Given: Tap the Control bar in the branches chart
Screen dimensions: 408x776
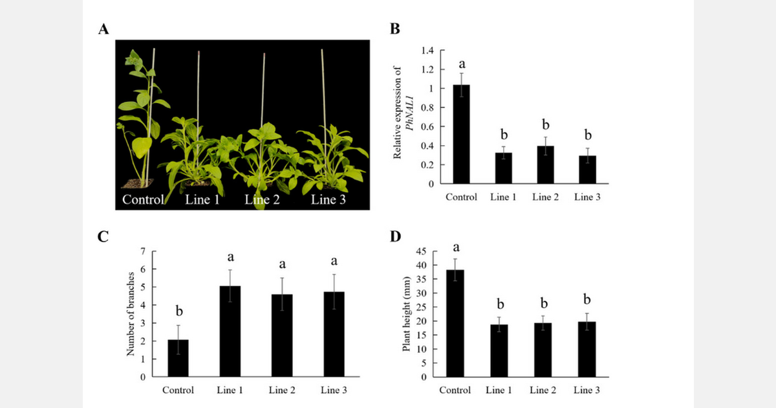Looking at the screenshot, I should tap(178, 358).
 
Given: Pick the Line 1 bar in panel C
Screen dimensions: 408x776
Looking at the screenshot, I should tap(230, 331).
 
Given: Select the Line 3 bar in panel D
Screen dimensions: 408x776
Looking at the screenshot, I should tap(587, 349).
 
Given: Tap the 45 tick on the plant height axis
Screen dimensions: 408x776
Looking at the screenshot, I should tap(420, 252).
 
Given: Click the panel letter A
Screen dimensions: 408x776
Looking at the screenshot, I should tap(103, 29).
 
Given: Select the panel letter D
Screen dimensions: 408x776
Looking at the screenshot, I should tap(396, 236).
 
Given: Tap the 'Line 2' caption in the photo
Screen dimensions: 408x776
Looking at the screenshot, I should tap(262, 199).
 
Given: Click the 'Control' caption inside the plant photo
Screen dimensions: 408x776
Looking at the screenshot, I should tap(143, 199).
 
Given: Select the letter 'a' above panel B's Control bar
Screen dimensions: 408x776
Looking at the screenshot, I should tap(462, 64).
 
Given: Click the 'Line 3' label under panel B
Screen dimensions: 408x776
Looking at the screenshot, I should tap(587, 197).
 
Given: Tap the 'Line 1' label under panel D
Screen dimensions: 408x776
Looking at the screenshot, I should tap(499, 390).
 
